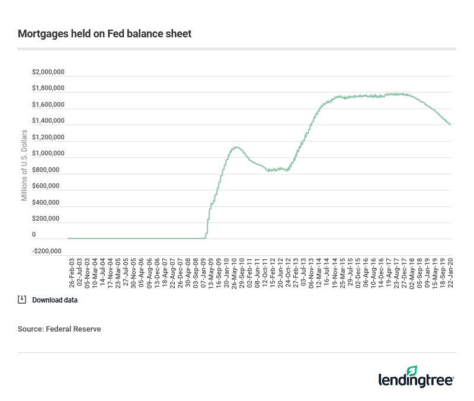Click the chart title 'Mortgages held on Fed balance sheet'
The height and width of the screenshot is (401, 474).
click(104, 34)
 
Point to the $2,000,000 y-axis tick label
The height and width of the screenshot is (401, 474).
click(48, 72)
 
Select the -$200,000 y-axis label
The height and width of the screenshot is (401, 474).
click(47, 251)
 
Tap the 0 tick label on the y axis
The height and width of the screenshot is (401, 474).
click(34, 235)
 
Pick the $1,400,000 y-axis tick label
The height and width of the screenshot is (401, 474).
click(48, 121)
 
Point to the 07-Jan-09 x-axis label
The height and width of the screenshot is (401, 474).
click(203, 272)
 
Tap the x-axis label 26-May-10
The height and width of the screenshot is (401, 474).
click(234, 272)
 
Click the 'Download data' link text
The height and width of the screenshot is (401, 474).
click(55, 300)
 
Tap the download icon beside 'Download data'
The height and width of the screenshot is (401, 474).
click(22, 300)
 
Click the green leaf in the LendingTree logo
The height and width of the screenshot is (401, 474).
click(444, 370)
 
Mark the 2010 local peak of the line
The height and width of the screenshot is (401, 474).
click(236, 147)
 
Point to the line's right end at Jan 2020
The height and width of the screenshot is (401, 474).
click(450, 125)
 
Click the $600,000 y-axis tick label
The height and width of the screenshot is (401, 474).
click(48, 186)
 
